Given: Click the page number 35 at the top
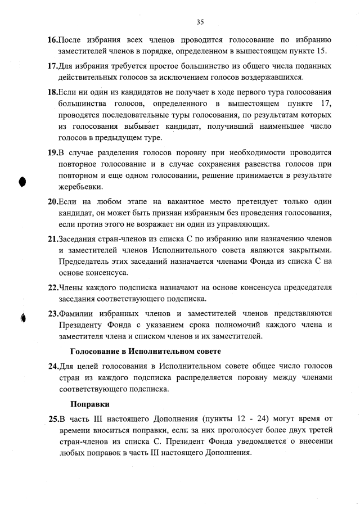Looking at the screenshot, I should [x=200, y=22].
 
